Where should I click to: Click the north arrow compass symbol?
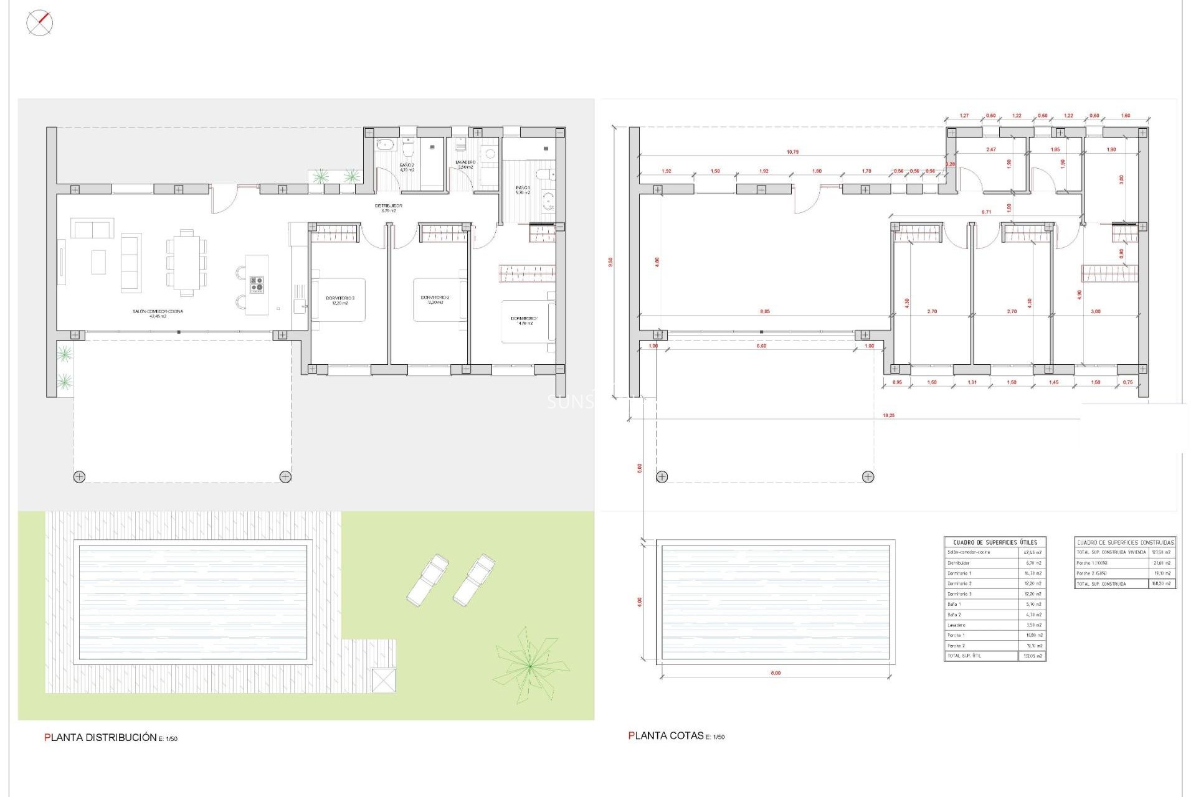click(x=39, y=24)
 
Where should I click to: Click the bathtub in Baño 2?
click(x=385, y=144)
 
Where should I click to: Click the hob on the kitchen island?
click(x=257, y=285)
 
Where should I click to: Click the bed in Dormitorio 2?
click(x=440, y=299)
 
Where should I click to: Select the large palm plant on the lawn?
click(x=529, y=666)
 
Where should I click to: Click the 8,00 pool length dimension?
click(x=776, y=673)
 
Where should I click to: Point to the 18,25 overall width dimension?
click(x=888, y=415)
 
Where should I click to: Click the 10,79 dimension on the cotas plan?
click(x=792, y=152)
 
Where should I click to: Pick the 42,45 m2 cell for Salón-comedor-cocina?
click(x=1032, y=552)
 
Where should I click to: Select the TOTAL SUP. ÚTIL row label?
click(x=964, y=656)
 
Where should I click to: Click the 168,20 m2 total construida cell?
click(x=1162, y=583)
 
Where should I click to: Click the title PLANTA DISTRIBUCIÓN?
click(x=101, y=737)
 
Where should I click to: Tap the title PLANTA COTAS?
click(x=667, y=735)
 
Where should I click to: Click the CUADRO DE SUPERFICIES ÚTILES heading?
click(x=995, y=542)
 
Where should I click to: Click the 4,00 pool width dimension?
click(x=639, y=601)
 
